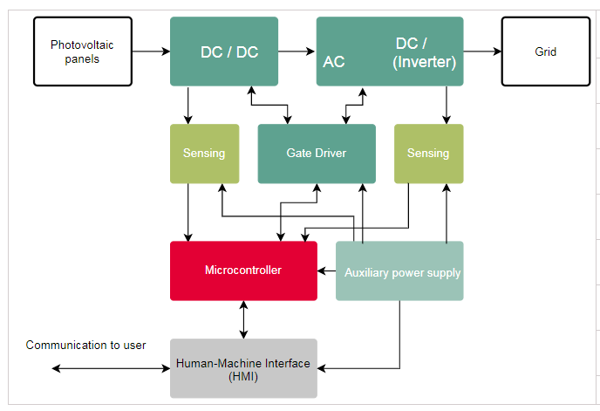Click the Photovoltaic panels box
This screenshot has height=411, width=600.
tap(83, 51)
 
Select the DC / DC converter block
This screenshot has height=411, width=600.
tap(224, 51)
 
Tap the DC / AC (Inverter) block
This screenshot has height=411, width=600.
tap(388, 51)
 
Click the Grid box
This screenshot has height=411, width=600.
tap(545, 51)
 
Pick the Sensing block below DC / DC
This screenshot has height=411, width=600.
tap(204, 154)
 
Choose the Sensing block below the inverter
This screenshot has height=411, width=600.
tap(428, 154)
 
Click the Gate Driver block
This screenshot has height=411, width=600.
tap(317, 154)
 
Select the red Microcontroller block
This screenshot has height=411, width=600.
tap(243, 271)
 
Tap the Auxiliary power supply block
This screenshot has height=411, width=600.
tap(399, 271)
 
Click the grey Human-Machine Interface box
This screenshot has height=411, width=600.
tap(243, 368)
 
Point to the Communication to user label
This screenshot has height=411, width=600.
tap(85, 345)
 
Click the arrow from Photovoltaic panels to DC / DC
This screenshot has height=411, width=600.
tap(151, 51)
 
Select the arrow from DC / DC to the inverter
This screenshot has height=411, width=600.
tap(297, 51)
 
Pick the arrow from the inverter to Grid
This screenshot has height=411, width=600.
tap(482, 51)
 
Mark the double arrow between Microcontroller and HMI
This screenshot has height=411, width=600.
tap(243, 319)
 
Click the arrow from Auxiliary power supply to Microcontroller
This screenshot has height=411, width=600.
tap(327, 271)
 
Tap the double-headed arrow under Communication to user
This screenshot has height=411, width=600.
tap(111, 369)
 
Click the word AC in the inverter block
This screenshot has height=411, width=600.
tap(334, 62)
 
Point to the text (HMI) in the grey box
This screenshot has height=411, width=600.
tap(243, 376)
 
